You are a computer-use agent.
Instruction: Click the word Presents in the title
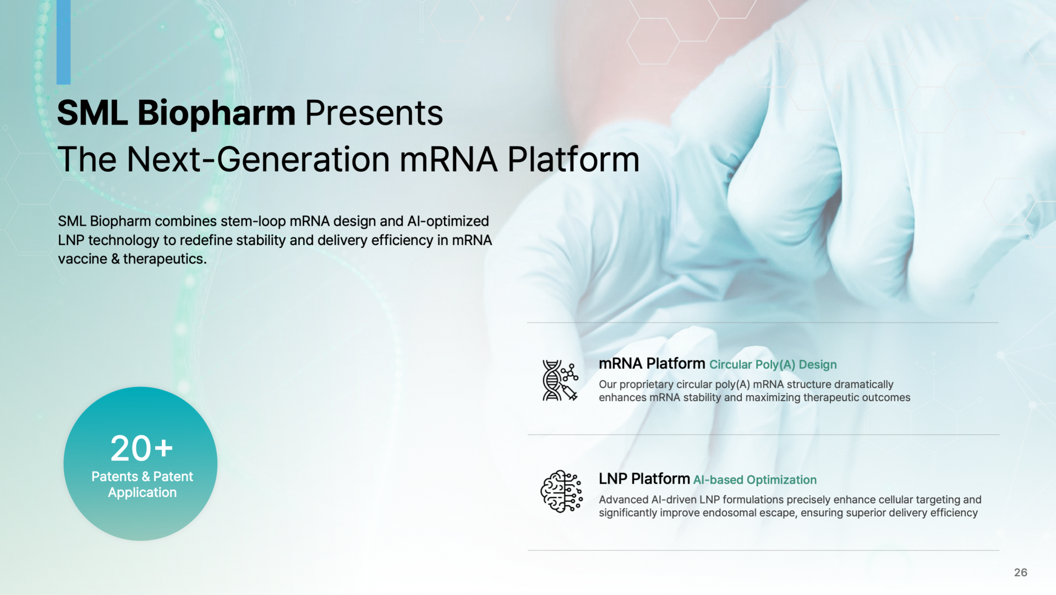click(x=374, y=113)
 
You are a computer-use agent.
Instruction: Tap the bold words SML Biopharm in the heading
click(x=177, y=113)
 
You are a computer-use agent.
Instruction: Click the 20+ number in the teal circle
click(x=141, y=448)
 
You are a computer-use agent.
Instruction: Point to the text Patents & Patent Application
click(x=142, y=484)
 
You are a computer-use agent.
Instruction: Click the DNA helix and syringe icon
click(x=560, y=380)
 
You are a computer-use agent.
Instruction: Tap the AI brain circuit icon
click(x=561, y=491)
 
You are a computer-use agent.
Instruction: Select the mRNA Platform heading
click(x=652, y=364)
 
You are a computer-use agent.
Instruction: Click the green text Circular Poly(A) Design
click(x=773, y=365)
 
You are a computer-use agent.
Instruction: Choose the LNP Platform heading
click(x=644, y=479)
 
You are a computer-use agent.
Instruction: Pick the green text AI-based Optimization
click(x=754, y=480)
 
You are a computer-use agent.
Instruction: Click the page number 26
click(x=1020, y=572)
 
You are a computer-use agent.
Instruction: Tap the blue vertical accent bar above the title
click(x=63, y=42)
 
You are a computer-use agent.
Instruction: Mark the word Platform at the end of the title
click(x=573, y=159)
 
